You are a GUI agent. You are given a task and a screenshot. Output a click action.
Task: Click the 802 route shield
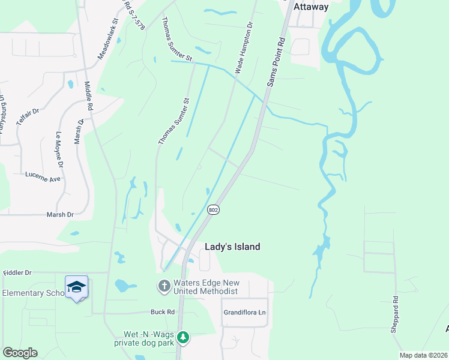coord(214,210)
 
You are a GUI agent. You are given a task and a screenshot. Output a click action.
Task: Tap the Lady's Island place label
coord(233,247)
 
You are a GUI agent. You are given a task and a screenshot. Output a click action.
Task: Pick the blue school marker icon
coord(76,287)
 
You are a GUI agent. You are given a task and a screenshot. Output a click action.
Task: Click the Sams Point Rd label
coord(276,61)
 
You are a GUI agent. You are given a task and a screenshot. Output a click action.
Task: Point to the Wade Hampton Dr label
coord(244,47)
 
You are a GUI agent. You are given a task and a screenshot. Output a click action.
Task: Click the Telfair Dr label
coord(28,112)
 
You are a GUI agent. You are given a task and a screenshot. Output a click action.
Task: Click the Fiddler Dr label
coord(17,272)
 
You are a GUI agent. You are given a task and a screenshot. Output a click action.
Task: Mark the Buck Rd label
coord(162,312)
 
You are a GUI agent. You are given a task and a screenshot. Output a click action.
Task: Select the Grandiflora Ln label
coord(244,313)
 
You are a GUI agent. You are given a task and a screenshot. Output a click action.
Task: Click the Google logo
coord(20,353)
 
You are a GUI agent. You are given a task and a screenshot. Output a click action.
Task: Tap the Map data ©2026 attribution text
coord(423,355)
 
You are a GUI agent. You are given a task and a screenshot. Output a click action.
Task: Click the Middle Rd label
coord(89,96)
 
